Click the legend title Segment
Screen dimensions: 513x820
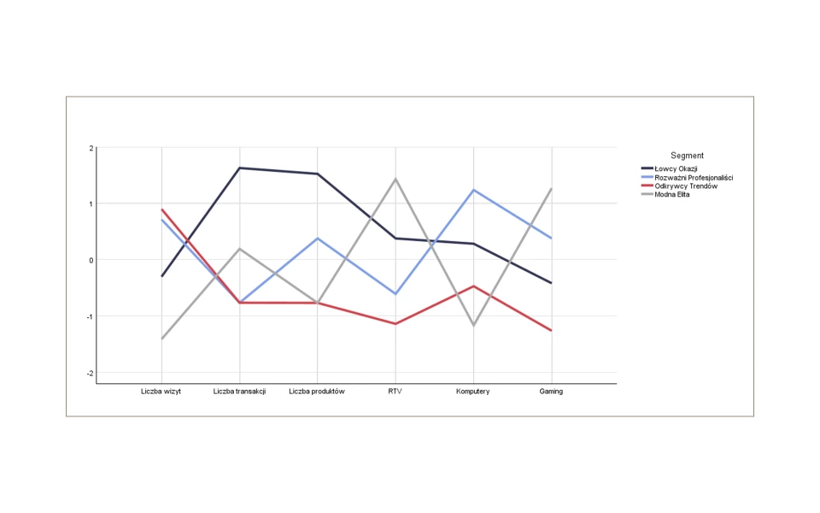(x=687, y=156)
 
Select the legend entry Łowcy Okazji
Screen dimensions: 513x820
(x=676, y=168)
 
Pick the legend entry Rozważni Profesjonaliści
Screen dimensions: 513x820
(x=694, y=178)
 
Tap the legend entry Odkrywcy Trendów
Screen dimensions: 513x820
(x=685, y=186)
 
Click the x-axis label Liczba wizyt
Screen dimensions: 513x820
(x=161, y=392)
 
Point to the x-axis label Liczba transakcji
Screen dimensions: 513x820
(x=239, y=392)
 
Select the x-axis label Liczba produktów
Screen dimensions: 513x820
(x=317, y=392)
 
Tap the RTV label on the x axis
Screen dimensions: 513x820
(x=395, y=392)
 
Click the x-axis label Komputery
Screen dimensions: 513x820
(x=473, y=392)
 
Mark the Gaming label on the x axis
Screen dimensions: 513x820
(x=551, y=392)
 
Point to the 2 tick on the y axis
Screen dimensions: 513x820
(x=91, y=148)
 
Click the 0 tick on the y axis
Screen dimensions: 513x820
(x=91, y=260)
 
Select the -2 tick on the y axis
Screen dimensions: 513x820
(x=89, y=373)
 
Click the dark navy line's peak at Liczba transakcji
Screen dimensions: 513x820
(x=239, y=168)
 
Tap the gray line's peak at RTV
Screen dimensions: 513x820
(x=395, y=179)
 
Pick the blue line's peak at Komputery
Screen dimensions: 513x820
(x=473, y=190)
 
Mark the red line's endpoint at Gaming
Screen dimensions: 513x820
(x=551, y=330)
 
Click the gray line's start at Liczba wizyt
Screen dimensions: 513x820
(x=161, y=339)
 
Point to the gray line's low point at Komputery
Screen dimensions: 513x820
(x=473, y=326)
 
